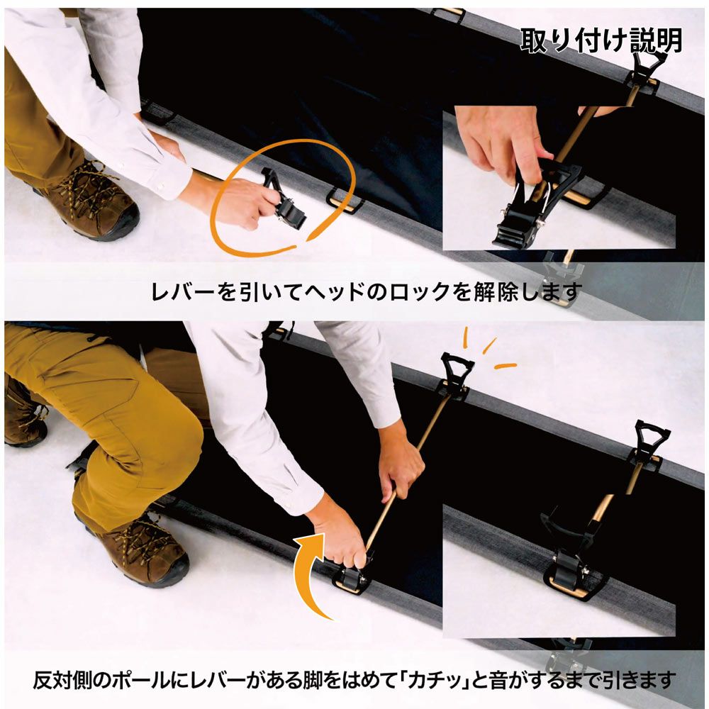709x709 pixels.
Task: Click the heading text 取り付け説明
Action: point(601,41)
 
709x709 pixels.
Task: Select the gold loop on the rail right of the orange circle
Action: point(340,201)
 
